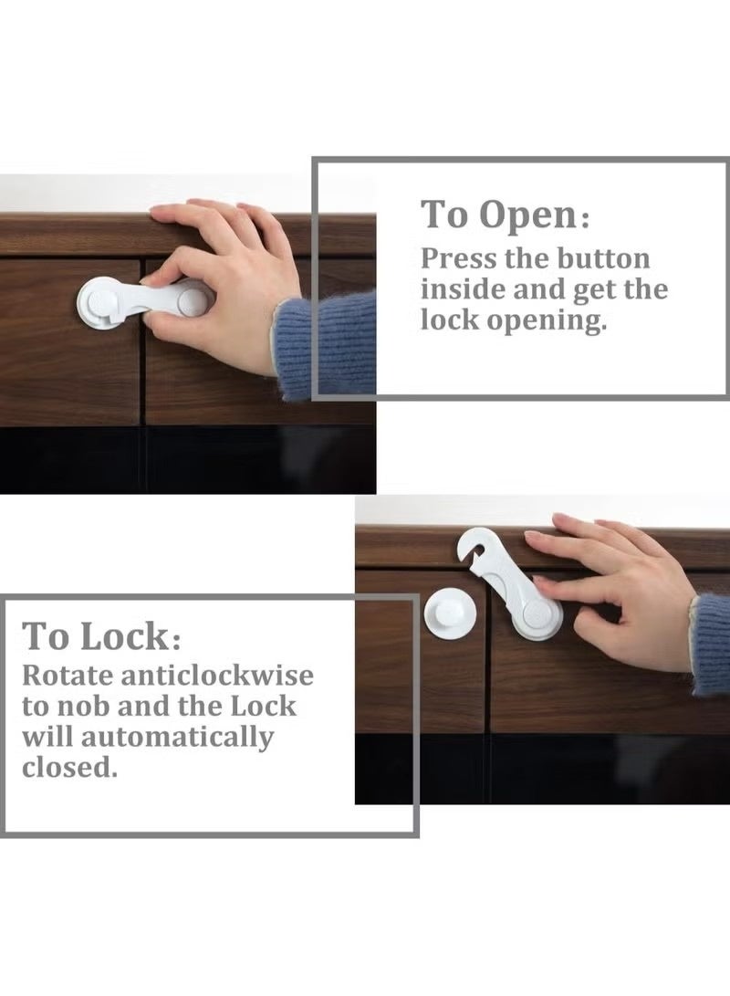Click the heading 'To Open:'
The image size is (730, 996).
click(505, 215)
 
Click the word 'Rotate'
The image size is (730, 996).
click(68, 676)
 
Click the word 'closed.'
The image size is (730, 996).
click(70, 767)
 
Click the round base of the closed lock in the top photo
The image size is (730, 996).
click(99, 299)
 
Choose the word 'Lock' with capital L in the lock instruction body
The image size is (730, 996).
click(268, 707)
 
